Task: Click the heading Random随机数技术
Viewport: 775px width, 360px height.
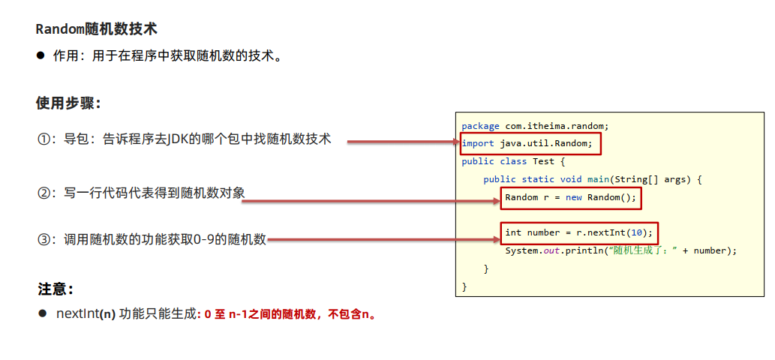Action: (x=96, y=30)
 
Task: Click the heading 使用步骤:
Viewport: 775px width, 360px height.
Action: (x=68, y=103)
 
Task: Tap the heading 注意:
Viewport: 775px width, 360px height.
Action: (x=56, y=289)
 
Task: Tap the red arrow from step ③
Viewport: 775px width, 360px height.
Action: (x=383, y=240)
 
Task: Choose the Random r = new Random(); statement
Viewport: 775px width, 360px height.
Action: (x=570, y=197)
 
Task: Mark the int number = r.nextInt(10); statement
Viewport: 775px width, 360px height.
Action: (x=578, y=232)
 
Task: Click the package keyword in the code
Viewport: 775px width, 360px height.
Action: (x=480, y=125)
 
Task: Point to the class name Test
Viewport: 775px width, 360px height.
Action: (x=543, y=161)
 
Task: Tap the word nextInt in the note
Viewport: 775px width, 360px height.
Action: (x=77, y=314)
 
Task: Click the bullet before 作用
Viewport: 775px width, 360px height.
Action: (x=41, y=55)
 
